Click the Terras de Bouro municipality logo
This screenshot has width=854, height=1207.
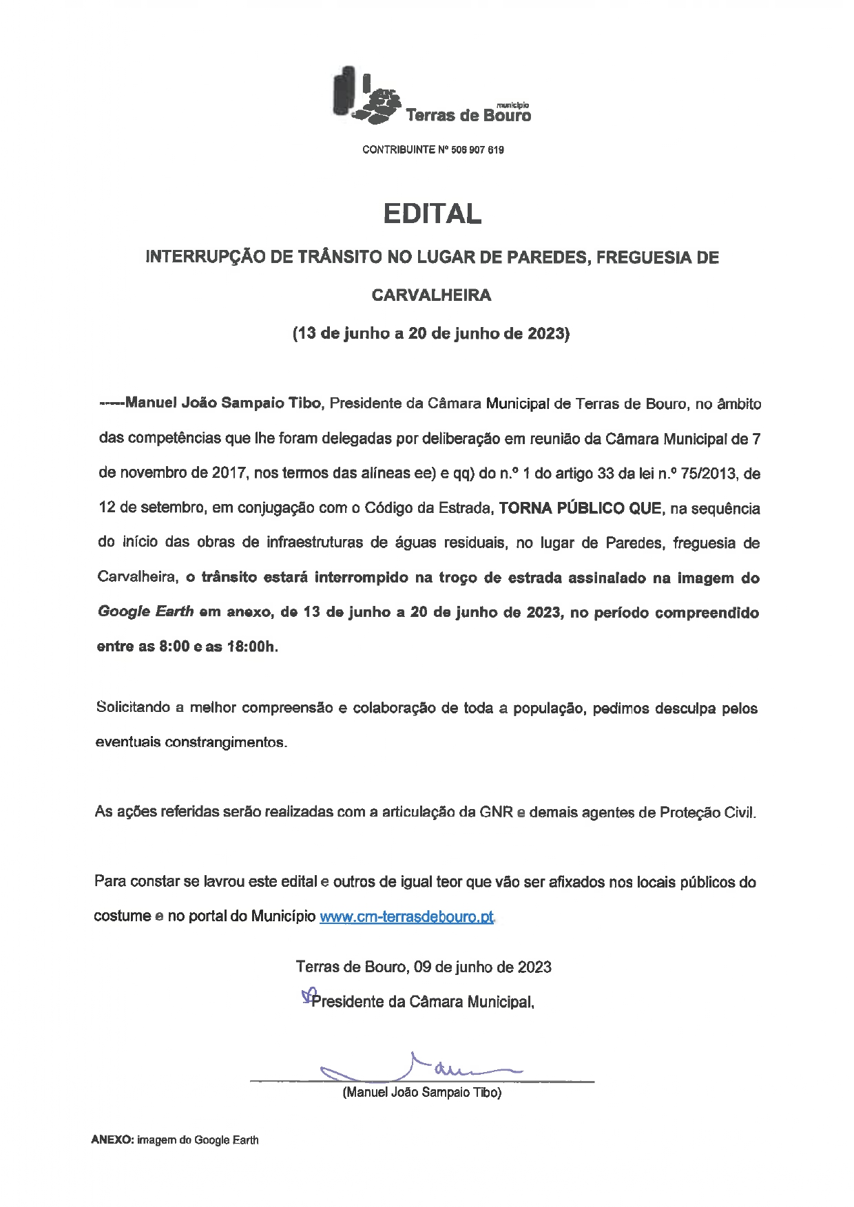(432, 97)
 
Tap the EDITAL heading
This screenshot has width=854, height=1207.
(432, 213)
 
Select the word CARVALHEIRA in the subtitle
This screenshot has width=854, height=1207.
(432, 295)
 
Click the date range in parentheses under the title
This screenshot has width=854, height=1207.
(432, 334)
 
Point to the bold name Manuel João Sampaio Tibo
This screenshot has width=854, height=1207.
(224, 403)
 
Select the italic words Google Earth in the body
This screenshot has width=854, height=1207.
(146, 612)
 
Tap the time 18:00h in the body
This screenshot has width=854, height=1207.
(252, 647)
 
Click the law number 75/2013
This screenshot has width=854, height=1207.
(716, 474)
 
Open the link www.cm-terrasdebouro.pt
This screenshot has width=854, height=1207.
(407, 917)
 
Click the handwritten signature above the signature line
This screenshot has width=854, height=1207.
(420, 1068)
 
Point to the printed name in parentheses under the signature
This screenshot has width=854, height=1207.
(422, 1092)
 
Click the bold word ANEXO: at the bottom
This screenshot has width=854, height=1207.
(112, 1140)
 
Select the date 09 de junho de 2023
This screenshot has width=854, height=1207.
(483, 967)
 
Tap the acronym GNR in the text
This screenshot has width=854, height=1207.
(497, 812)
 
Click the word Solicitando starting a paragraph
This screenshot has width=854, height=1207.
(135, 708)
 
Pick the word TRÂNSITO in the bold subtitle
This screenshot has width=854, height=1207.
(339, 258)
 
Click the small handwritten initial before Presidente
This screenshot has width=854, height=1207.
(307, 996)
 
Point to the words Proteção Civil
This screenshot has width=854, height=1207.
(707, 812)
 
